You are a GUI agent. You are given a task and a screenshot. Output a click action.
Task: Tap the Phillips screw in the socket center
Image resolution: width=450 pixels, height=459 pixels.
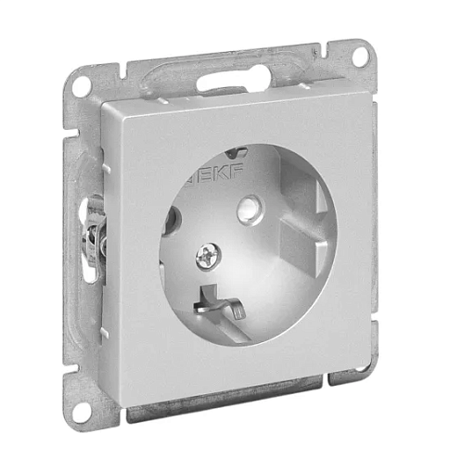pyautogui.click(x=208, y=256)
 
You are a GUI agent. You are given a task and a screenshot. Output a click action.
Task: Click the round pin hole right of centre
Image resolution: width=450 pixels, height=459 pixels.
pyautogui.click(x=250, y=209)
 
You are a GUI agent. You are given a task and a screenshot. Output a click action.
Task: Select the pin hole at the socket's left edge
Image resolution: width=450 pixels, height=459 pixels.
pyautogui.click(x=171, y=220)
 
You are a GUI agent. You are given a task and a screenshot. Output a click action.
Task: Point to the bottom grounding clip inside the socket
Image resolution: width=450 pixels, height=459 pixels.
pyautogui.click(x=220, y=303)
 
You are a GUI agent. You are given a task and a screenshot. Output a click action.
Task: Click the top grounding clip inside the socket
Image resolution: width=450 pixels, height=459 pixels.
pyautogui.click(x=237, y=152)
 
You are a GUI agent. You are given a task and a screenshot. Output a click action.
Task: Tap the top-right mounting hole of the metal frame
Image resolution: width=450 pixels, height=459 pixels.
pyautogui.click(x=361, y=57)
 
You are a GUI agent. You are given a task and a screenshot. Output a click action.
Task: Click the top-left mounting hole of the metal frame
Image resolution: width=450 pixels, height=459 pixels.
pyautogui.click(x=82, y=85)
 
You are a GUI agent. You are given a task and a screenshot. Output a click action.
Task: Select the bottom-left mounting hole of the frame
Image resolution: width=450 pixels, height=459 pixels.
pyautogui.click(x=82, y=413)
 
